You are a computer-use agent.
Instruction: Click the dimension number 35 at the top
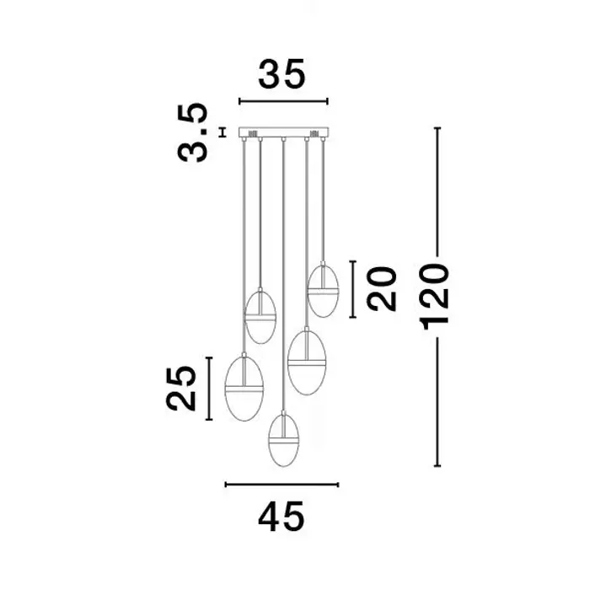coord(282,74)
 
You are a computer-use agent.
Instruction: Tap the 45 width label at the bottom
coord(281,517)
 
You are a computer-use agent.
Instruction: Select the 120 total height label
coord(435,297)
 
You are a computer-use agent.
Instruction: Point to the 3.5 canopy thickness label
coord(193,132)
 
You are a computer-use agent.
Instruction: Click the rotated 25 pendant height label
coord(181,389)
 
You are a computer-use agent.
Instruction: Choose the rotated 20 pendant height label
coord(382,289)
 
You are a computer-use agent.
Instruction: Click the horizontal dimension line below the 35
coord(283,101)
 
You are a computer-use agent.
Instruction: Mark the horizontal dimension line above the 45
coord(282,485)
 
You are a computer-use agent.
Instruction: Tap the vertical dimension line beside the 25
coord(209,389)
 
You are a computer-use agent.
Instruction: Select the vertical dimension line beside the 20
coord(352,289)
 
